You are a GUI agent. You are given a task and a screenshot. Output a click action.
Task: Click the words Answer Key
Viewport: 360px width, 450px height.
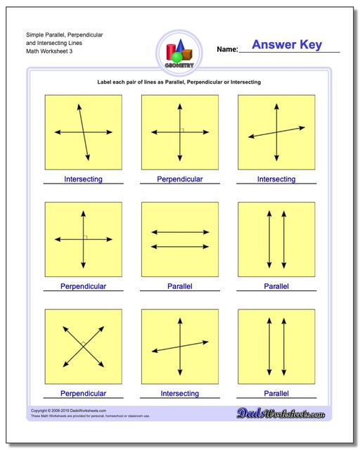click(x=286, y=45)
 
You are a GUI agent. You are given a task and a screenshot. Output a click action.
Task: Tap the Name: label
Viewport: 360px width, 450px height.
click(x=227, y=51)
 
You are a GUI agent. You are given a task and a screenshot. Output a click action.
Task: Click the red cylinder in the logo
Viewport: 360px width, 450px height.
click(x=171, y=52)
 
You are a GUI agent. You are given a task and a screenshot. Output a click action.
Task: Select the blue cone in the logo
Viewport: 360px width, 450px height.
click(x=181, y=47)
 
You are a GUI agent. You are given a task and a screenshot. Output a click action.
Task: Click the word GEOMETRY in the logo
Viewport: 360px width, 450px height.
click(x=180, y=64)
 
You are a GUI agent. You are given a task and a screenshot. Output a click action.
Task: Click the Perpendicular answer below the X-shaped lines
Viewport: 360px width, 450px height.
click(x=83, y=394)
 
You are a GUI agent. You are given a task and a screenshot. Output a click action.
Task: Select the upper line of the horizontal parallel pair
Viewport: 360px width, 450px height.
click(x=180, y=232)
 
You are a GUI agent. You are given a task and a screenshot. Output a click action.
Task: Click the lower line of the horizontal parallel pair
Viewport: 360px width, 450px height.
click(x=180, y=246)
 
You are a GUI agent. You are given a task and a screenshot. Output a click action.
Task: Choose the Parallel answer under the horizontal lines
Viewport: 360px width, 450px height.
click(x=180, y=286)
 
